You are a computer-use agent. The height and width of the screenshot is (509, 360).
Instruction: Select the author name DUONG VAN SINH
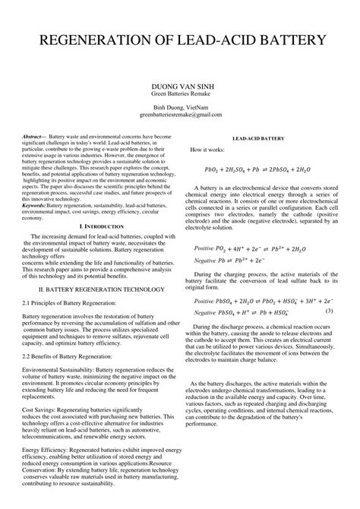click(x=179, y=87)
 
